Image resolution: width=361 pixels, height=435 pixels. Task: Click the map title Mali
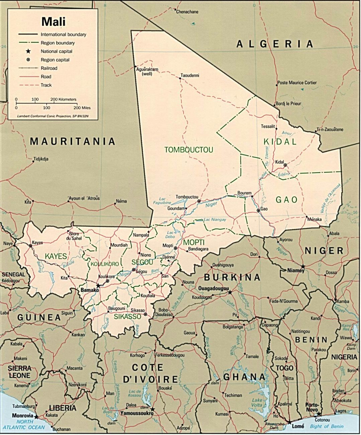(x=54, y=21)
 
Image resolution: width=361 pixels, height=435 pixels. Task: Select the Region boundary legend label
(x=58, y=43)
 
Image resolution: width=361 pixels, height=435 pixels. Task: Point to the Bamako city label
(x=89, y=290)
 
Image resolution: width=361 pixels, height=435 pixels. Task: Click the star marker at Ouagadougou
(x=230, y=292)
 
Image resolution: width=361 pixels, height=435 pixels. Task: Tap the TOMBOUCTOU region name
(x=189, y=150)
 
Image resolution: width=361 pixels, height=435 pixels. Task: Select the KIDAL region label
(x=280, y=142)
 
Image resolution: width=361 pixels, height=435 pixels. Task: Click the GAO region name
(x=286, y=200)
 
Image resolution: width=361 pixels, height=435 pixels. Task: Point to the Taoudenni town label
(x=190, y=75)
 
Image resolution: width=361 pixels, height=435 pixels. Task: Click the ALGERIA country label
(x=275, y=44)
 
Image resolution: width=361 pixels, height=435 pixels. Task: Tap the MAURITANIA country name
(x=73, y=141)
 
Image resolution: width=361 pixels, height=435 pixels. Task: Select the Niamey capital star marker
(x=303, y=266)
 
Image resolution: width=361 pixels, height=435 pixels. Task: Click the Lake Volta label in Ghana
(x=257, y=402)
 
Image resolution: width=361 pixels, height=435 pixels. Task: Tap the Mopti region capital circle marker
(x=175, y=248)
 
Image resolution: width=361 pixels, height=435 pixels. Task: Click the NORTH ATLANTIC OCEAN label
(x=23, y=425)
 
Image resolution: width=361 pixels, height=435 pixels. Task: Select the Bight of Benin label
(x=327, y=426)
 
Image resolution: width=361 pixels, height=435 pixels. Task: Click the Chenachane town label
(x=187, y=12)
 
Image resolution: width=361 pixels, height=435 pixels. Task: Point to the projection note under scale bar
(x=53, y=116)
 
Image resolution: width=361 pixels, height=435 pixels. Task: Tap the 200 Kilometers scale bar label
(x=63, y=100)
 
